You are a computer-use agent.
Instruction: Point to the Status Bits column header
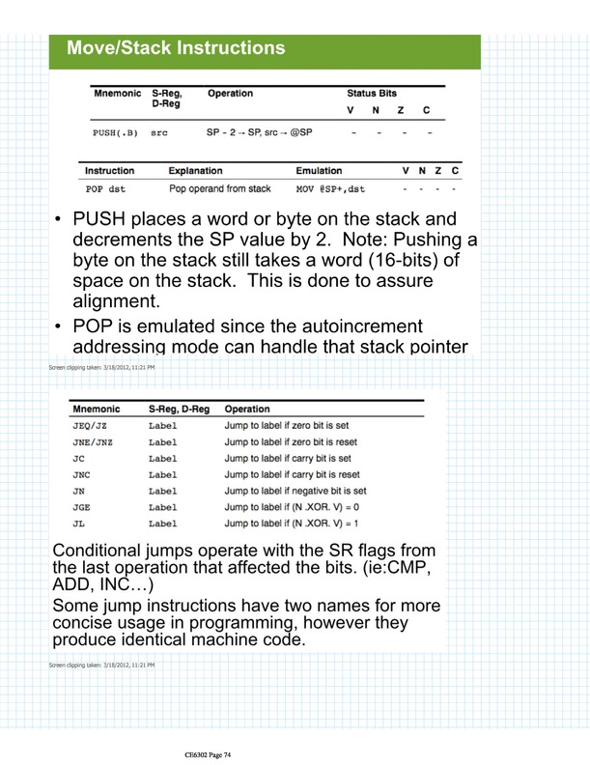pyautogui.click(x=372, y=94)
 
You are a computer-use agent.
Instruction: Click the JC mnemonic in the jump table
pyautogui.click(x=79, y=458)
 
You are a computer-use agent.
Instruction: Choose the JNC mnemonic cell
pyautogui.click(x=82, y=474)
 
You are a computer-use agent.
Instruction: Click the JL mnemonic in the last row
pyautogui.click(x=79, y=524)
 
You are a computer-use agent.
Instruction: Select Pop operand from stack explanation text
pyautogui.click(x=219, y=189)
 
